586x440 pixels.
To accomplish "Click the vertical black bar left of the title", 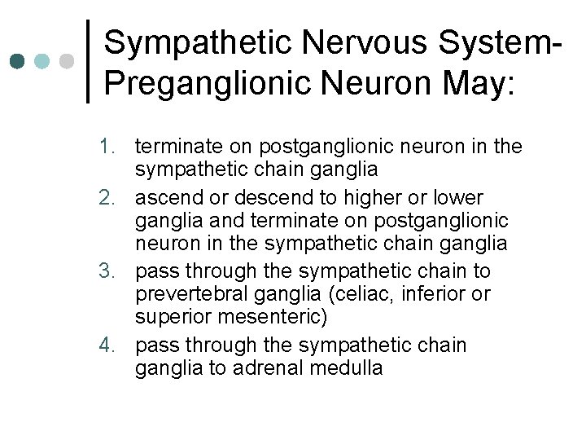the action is point(89,61).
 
